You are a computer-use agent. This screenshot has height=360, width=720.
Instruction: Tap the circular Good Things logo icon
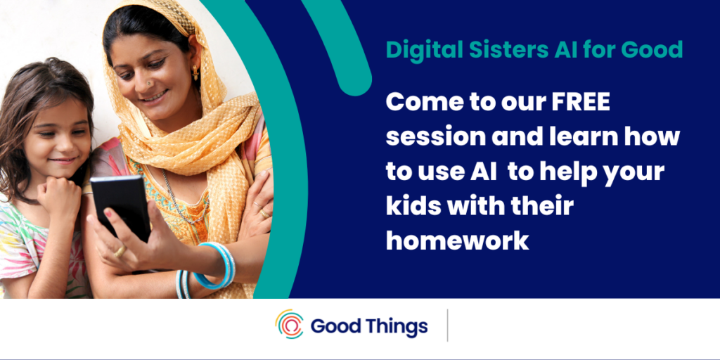tap(289, 324)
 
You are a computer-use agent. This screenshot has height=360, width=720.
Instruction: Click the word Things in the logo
tap(398, 326)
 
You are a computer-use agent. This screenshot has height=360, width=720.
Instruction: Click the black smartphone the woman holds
tap(121, 207)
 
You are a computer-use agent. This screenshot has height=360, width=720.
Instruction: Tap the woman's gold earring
tap(195, 72)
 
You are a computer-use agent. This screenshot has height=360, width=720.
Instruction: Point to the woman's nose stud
tap(148, 83)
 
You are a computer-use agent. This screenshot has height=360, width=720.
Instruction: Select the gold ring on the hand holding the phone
tap(120, 251)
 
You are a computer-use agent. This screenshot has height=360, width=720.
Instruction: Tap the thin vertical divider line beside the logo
tap(448, 326)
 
